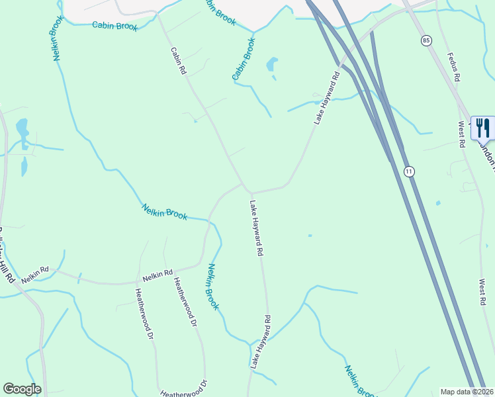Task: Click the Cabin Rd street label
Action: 178,60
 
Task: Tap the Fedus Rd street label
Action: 453,67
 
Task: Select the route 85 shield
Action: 425,40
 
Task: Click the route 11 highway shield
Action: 409,171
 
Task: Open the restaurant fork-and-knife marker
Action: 482,128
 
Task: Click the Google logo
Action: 22,389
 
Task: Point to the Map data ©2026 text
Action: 467,392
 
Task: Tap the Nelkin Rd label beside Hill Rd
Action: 35,275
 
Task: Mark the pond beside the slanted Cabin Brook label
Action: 271,66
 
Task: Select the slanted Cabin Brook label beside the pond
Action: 244,60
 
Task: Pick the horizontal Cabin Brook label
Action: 115,26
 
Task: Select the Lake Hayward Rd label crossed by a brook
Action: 261,341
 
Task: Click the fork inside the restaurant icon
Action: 478,126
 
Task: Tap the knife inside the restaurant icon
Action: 487,127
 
